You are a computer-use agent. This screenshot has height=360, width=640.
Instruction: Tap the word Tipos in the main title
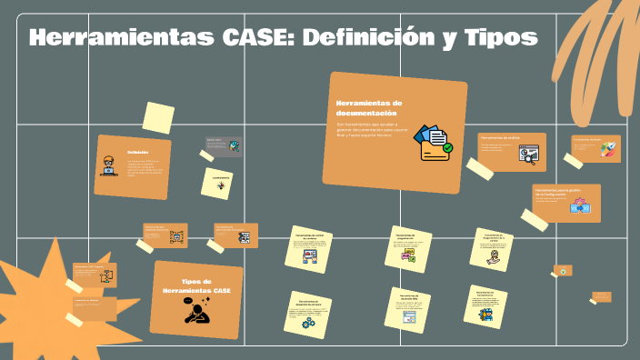498,38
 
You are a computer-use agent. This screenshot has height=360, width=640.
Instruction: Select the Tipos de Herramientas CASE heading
197,285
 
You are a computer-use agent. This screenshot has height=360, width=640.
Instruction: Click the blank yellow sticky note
158,117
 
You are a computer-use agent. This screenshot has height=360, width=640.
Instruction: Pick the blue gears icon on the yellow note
309,323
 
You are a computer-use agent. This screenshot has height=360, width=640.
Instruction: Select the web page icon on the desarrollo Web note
409,317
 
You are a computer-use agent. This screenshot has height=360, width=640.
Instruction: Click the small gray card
223,145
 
